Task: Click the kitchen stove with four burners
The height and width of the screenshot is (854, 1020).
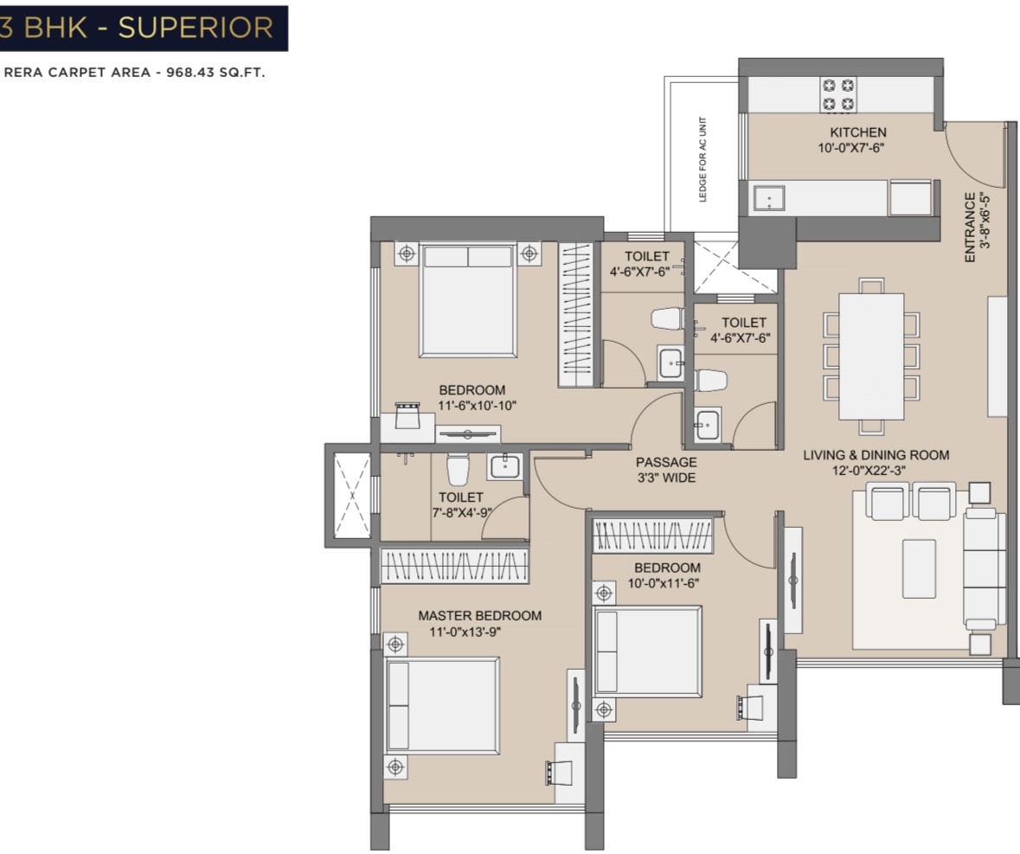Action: (837, 95)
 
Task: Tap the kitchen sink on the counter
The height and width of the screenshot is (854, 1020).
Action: (769, 198)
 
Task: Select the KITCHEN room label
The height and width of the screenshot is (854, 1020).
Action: (857, 132)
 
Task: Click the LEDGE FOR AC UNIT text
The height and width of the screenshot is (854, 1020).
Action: (702, 159)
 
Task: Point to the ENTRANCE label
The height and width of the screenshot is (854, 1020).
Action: (970, 227)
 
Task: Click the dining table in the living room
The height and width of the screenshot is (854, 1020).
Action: (871, 356)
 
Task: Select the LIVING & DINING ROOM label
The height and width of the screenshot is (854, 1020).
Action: (876, 455)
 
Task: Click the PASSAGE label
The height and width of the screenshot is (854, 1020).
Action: (666, 462)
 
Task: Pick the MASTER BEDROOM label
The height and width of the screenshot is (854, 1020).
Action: (479, 615)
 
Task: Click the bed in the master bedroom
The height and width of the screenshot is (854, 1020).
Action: (442, 706)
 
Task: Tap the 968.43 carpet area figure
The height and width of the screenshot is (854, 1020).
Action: (190, 72)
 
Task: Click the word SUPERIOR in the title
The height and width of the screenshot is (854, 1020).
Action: (196, 28)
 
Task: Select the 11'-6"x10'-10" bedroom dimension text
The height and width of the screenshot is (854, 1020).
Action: (477, 406)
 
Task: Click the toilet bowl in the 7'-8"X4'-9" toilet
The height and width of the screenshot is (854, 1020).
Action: (458, 469)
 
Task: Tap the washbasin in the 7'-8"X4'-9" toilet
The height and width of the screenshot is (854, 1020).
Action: (504, 466)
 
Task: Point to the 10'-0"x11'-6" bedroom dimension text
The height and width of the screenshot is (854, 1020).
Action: (663, 583)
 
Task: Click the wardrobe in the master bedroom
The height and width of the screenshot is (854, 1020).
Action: (454, 565)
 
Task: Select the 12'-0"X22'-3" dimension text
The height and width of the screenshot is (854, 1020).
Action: (869, 471)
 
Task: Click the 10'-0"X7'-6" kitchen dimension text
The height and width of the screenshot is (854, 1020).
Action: (851, 148)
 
